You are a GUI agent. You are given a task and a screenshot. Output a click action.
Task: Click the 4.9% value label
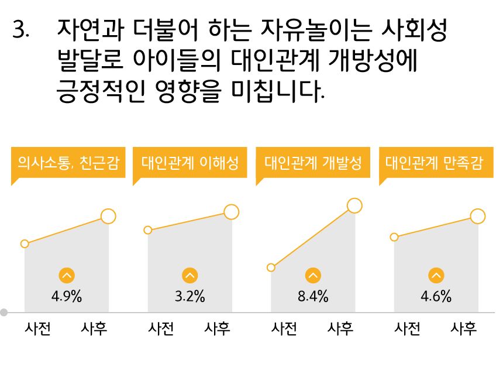[x=67, y=296]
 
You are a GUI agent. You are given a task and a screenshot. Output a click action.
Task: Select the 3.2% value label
[x=190, y=296]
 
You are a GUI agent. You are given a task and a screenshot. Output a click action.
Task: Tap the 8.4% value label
[x=313, y=296]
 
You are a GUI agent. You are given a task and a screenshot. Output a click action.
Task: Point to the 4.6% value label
[x=436, y=296]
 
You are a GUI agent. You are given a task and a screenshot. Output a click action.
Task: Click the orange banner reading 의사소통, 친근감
[x=68, y=163]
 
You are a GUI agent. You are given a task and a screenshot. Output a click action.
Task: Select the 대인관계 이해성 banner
[x=190, y=163]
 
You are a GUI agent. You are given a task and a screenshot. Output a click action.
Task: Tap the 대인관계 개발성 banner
[x=313, y=163]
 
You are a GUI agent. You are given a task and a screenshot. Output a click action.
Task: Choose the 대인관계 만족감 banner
[x=436, y=163]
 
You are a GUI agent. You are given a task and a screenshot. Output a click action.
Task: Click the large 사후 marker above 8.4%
[x=354, y=206]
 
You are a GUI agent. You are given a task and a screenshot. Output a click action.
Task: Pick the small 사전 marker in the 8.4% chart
[x=271, y=267]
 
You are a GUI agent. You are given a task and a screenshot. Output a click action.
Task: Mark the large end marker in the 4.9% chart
[x=108, y=216]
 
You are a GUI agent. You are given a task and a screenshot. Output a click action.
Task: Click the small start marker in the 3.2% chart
[x=148, y=230]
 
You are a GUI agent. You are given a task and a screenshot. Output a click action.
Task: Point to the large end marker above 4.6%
[x=478, y=216]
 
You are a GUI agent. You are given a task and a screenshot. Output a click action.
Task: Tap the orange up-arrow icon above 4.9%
[x=67, y=276]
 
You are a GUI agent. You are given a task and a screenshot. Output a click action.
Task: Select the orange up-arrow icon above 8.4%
[x=313, y=276]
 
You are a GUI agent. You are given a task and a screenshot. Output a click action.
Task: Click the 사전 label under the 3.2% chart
[x=161, y=328]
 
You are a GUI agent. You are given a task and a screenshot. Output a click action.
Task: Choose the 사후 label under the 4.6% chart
[x=464, y=328]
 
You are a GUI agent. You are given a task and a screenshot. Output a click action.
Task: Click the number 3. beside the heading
[x=21, y=29]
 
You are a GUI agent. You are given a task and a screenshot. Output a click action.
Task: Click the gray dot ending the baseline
[x=4, y=312]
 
